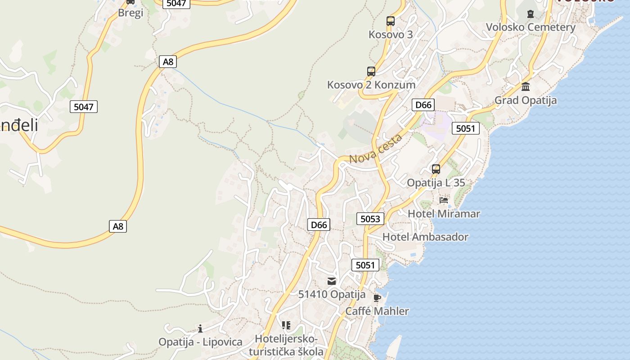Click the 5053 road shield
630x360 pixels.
pyautogui.click(x=370, y=219)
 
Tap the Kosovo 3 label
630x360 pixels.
pyautogui.click(x=391, y=34)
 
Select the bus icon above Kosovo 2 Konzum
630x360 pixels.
pyautogui.click(x=371, y=71)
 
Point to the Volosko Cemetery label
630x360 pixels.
pyautogui.click(x=531, y=27)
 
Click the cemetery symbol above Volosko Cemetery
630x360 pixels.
pyautogui.click(x=531, y=13)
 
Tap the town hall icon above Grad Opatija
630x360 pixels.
pyautogui.click(x=526, y=86)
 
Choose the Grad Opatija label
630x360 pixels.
pyautogui.click(x=526, y=100)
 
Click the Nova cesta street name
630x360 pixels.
pyautogui.click(x=375, y=149)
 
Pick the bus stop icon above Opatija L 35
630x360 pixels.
pyautogui.click(x=436, y=169)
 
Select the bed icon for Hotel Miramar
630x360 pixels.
pyautogui.click(x=444, y=200)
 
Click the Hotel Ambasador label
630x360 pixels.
pyautogui.click(x=425, y=237)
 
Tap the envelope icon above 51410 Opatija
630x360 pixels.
pyautogui.click(x=332, y=281)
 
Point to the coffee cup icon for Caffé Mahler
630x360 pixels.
pyautogui.click(x=377, y=297)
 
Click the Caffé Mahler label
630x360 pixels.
pyautogui.click(x=377, y=311)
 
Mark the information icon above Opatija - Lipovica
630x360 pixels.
pyautogui.click(x=200, y=328)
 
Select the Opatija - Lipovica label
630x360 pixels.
pyautogui.click(x=200, y=342)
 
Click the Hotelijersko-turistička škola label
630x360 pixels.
pyautogui.click(x=286, y=345)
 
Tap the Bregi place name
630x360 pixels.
pyautogui.click(x=130, y=13)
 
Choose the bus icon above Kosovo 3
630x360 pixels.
pyautogui.click(x=391, y=21)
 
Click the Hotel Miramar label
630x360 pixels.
pyautogui.click(x=444, y=213)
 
